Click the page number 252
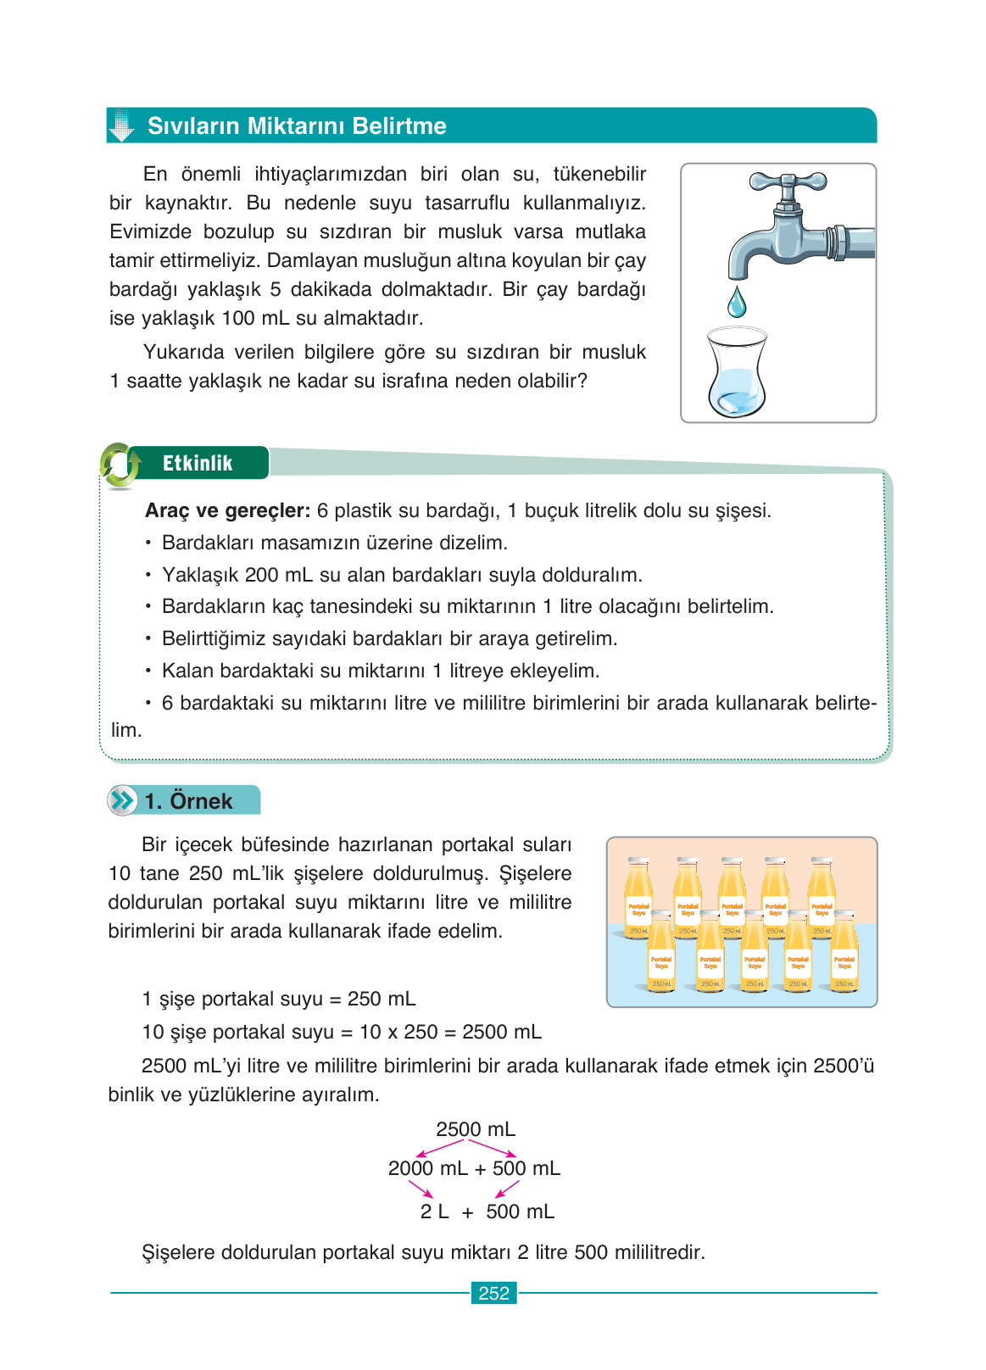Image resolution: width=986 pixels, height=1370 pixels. pyautogui.click(x=493, y=1293)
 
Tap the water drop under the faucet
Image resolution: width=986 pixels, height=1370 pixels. pyautogui.click(x=738, y=302)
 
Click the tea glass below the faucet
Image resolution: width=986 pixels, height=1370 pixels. pyautogui.click(x=736, y=373)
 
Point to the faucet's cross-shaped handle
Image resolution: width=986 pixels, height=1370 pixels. pyautogui.click(x=788, y=181)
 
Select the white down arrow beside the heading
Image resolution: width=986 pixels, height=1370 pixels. pyautogui.click(x=122, y=125)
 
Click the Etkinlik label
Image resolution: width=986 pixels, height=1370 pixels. pyautogui.click(x=197, y=463)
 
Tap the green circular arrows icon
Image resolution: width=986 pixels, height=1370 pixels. pyautogui.click(x=120, y=465)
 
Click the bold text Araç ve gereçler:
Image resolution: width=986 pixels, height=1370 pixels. pyautogui.click(x=227, y=510)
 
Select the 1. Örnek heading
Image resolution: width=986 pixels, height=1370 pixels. pyautogui.click(x=188, y=801)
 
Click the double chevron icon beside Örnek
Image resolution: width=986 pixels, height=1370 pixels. pyautogui.click(x=123, y=800)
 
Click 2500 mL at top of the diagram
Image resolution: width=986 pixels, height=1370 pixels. pyautogui.click(x=475, y=1129)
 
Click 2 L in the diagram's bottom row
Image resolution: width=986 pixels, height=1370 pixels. pyautogui.click(x=434, y=1211)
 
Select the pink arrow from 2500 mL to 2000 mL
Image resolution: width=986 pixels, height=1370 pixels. pyautogui.click(x=441, y=1149)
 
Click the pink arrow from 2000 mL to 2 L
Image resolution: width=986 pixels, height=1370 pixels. pyautogui.click(x=421, y=1189)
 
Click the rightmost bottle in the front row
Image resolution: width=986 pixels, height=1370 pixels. pyautogui.click(x=844, y=954)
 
